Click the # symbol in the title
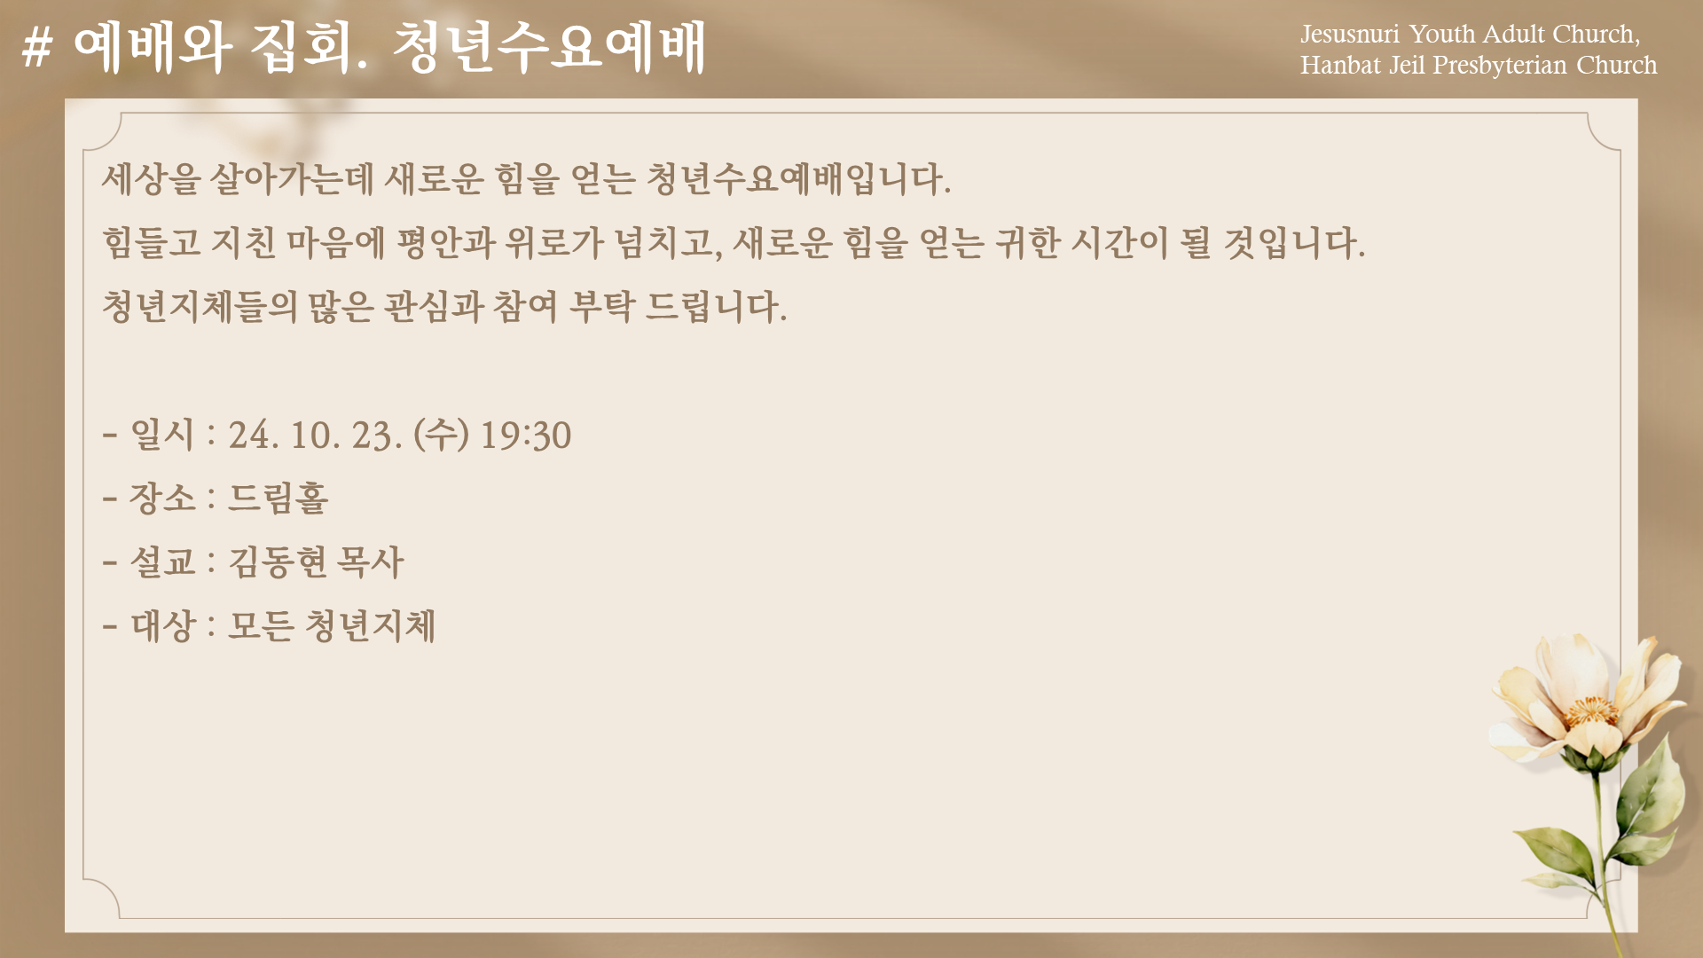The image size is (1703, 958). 37,47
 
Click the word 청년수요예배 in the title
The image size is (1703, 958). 549,47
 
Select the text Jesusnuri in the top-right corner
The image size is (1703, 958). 1349,35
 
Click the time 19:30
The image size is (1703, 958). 526,436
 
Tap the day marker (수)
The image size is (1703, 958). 441,435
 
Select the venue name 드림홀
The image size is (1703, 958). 279,498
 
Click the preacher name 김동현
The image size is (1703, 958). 279,561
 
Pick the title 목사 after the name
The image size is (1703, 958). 371,561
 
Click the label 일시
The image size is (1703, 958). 161,435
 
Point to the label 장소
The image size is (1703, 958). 162,498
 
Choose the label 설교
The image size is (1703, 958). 162,561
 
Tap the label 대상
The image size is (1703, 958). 162,625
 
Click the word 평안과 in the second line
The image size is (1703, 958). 445,242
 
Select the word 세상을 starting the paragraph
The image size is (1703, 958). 152,178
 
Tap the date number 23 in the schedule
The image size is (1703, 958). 373,436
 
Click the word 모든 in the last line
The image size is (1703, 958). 262,625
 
